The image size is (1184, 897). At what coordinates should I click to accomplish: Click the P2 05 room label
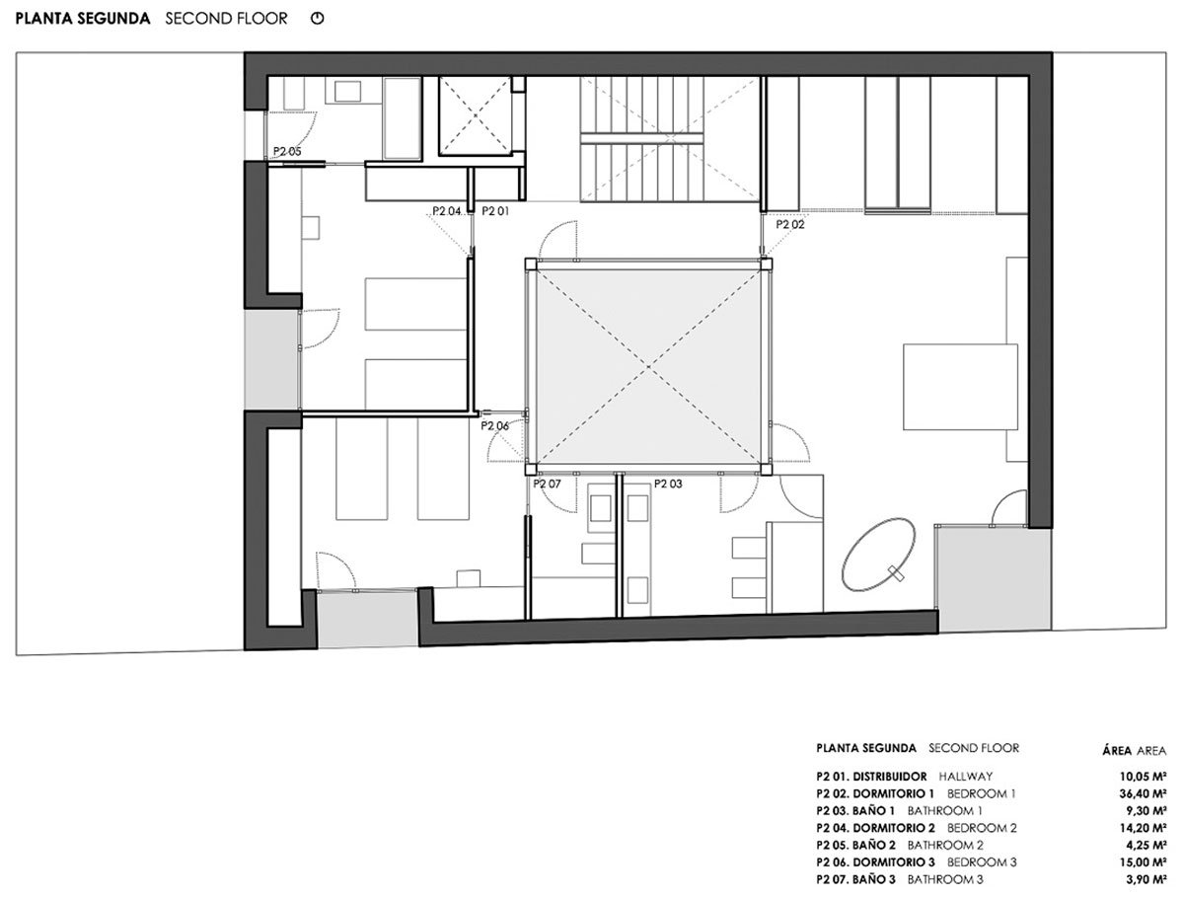(287, 152)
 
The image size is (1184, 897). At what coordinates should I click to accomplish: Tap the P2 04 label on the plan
(447, 211)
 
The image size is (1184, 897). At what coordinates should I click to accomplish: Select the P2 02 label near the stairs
(789, 224)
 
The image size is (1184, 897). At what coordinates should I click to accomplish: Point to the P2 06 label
(494, 426)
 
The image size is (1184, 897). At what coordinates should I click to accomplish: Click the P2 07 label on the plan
(547, 484)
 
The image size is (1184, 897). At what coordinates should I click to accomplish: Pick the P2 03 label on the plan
(668, 484)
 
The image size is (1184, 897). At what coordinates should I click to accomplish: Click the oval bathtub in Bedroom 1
(879, 554)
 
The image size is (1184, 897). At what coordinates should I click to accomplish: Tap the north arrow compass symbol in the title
(317, 19)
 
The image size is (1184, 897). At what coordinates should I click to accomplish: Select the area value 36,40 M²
(1143, 794)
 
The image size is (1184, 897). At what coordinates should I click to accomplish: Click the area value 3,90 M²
(1146, 880)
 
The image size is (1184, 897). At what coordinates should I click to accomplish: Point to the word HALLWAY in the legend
(966, 777)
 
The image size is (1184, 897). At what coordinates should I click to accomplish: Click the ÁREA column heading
(1117, 751)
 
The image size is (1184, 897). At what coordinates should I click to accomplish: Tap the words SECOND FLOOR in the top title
(226, 19)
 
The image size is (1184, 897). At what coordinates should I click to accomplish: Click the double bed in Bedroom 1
(961, 387)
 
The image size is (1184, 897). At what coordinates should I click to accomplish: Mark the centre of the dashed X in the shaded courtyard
(648, 367)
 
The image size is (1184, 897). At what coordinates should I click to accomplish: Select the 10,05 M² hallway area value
(1143, 777)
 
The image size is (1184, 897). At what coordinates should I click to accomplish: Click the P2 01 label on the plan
(494, 211)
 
